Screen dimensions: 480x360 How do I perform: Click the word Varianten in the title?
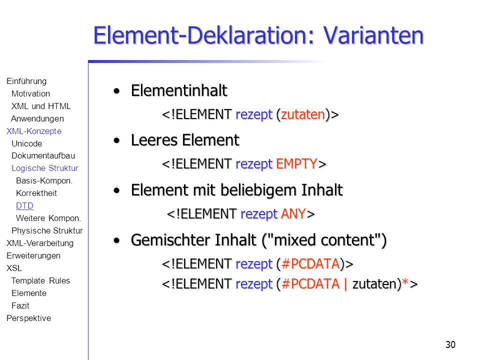[x=373, y=35]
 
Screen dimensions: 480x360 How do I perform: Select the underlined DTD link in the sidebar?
[x=24, y=205]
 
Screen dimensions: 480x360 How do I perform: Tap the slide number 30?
[x=450, y=344]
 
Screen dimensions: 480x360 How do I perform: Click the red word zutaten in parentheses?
[x=303, y=114]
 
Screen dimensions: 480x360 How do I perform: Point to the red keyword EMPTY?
[x=296, y=164]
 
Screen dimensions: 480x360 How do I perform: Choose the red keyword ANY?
[x=293, y=213]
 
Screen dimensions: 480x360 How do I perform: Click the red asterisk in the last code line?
[x=405, y=282]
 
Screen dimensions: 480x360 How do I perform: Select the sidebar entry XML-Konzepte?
[x=34, y=131]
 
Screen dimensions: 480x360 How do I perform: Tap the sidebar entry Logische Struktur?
[x=44, y=168]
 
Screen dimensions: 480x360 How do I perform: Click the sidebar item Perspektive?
[x=29, y=318]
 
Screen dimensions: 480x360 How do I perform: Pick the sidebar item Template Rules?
[x=40, y=280]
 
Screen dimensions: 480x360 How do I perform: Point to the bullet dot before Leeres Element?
[x=116, y=141]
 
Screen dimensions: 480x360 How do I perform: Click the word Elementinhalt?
[x=179, y=90]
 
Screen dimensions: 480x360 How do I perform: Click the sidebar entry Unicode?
[x=26, y=143]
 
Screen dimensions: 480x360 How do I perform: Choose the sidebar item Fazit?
[x=20, y=305]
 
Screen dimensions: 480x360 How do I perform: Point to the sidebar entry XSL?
[x=14, y=268]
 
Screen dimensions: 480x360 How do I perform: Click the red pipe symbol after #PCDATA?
[x=345, y=284]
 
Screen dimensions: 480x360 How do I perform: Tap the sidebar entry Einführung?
[x=26, y=81]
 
